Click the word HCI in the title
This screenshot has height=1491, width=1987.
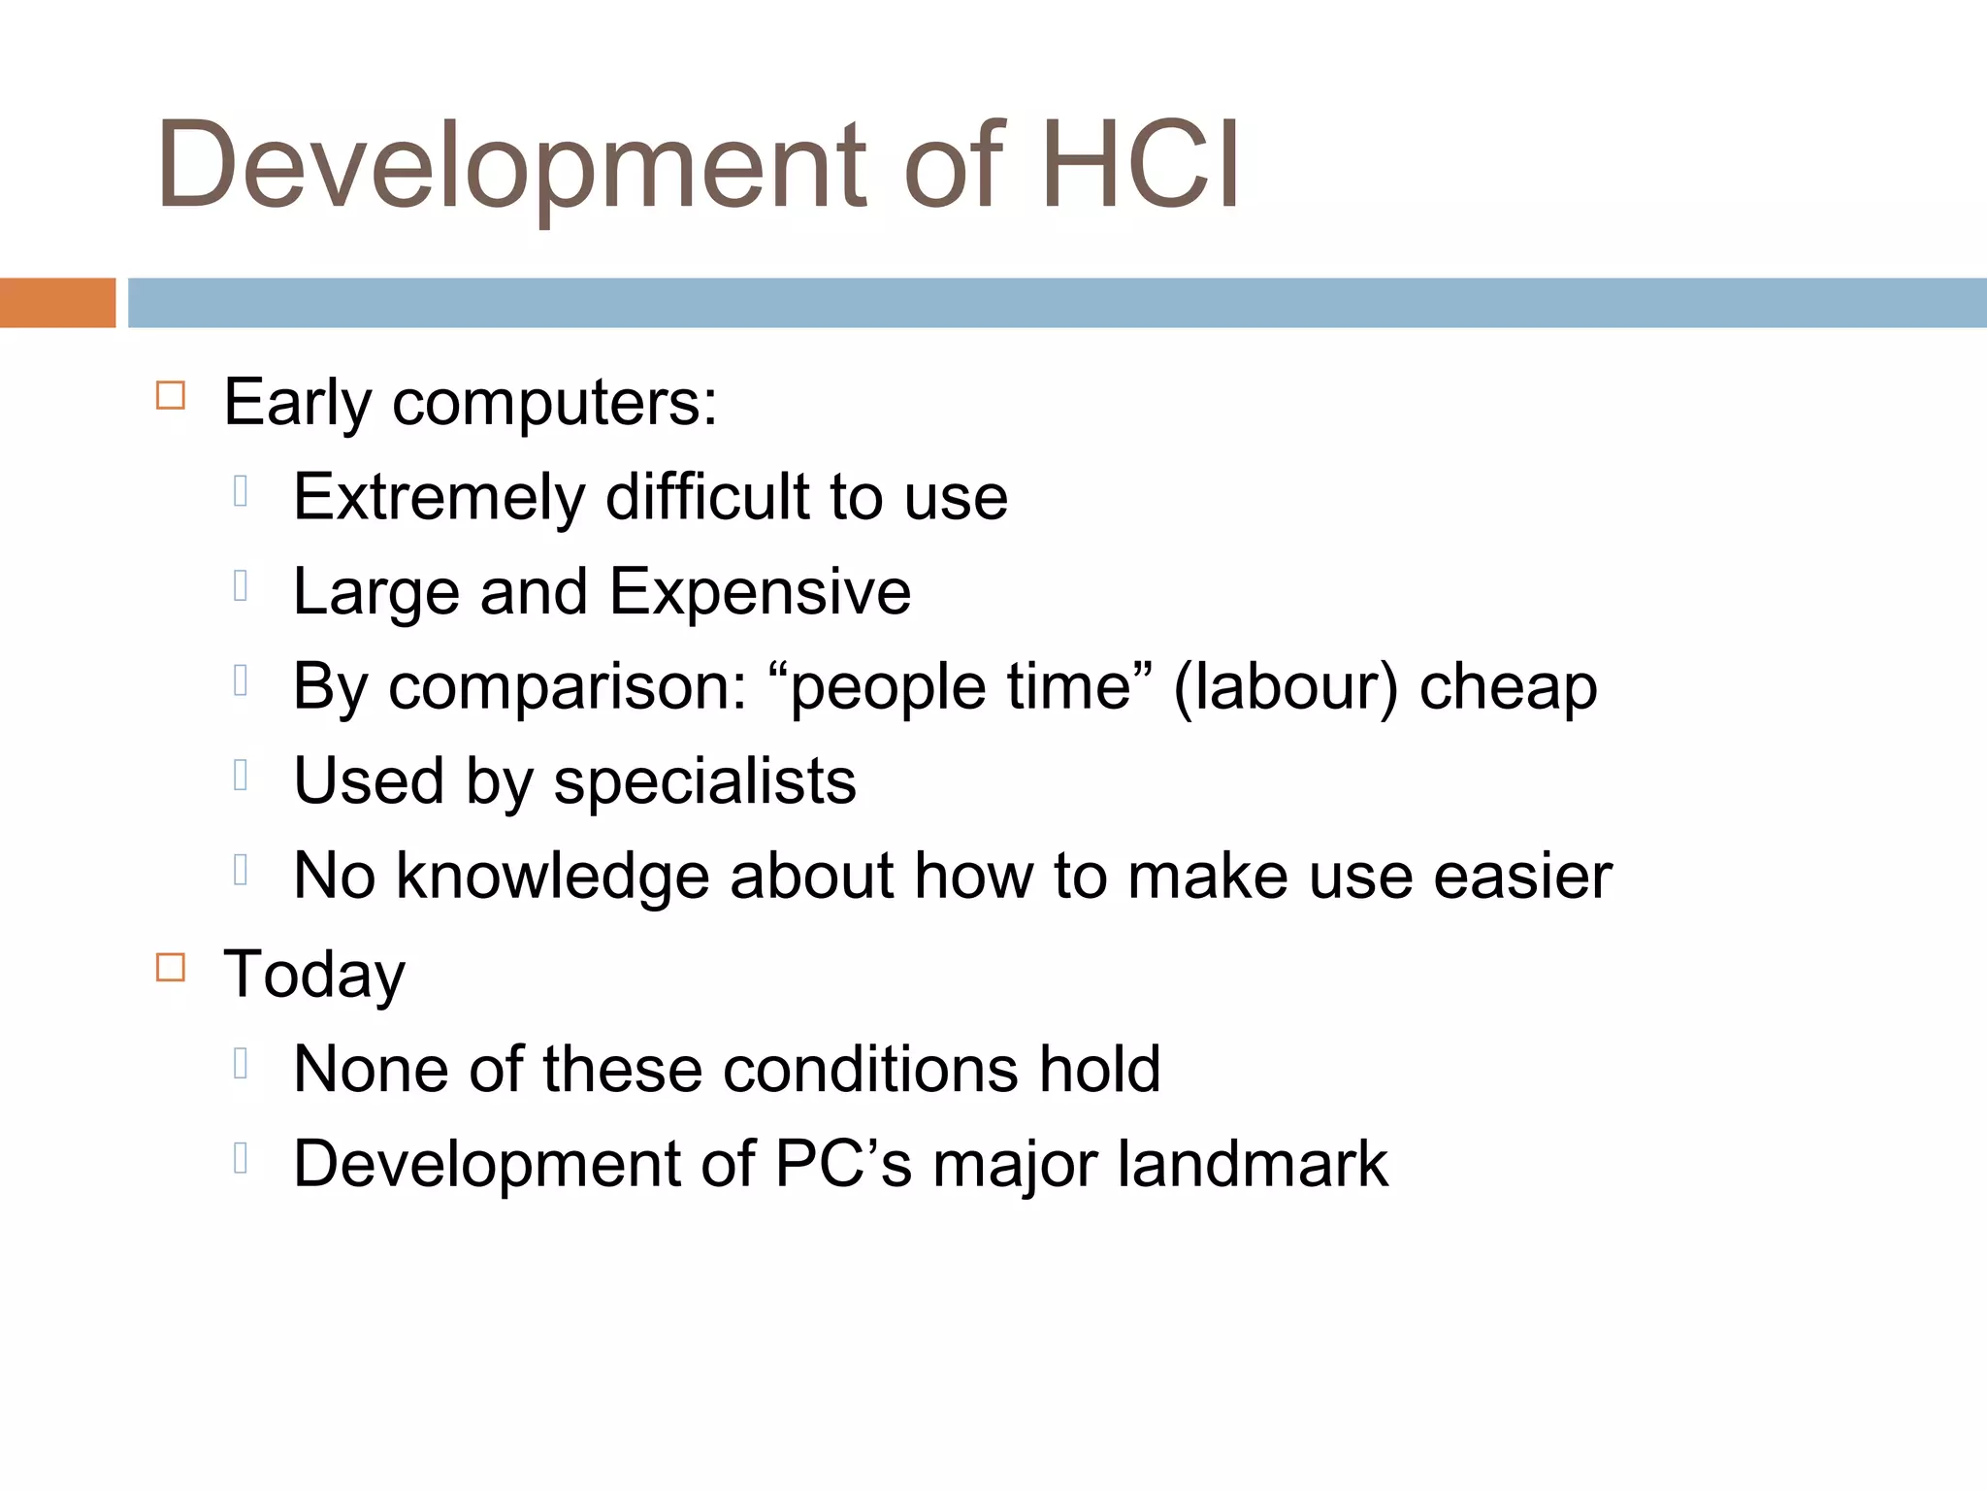click(1140, 165)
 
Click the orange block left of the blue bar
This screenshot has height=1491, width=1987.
click(57, 303)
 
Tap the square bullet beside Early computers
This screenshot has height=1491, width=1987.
click(171, 395)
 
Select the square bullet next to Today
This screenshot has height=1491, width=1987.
click(171, 967)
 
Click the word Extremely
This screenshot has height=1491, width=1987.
click(440, 497)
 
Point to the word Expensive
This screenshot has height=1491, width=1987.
click(760, 591)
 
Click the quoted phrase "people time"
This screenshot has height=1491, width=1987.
click(961, 686)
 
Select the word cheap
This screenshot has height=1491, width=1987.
click(1508, 688)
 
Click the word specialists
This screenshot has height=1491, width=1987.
click(704, 781)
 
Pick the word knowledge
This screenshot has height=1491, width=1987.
click(552, 877)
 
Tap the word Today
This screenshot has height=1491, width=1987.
click(314, 975)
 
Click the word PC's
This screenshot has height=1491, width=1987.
click(843, 1163)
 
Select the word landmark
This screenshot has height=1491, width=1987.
click(1253, 1163)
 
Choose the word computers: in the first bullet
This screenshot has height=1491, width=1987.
click(555, 402)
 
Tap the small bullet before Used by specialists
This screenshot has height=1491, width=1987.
click(241, 775)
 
